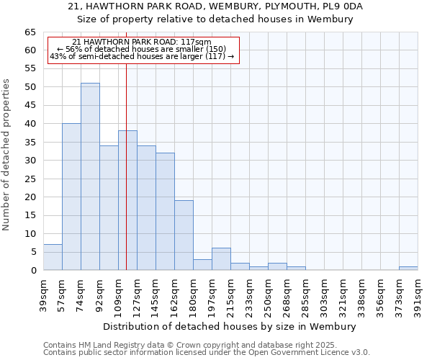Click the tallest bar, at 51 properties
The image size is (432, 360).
click(90, 176)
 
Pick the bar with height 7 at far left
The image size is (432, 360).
click(53, 257)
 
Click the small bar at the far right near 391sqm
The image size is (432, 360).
click(408, 269)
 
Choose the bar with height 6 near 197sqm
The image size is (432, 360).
click(221, 259)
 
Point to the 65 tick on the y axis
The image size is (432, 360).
click(30, 32)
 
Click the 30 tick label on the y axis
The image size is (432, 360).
click(30, 161)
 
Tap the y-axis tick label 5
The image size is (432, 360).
click(32, 252)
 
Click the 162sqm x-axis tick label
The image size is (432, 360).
click(175, 294)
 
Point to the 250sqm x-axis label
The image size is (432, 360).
click(269, 294)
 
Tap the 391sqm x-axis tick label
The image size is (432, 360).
click(418, 294)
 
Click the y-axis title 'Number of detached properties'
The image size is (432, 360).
click(7, 154)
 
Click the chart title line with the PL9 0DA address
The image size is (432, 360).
click(215, 6)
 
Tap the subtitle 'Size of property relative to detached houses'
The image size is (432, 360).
click(215, 19)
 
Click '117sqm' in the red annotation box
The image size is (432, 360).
click(195, 42)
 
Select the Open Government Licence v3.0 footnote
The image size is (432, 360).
click(207, 353)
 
